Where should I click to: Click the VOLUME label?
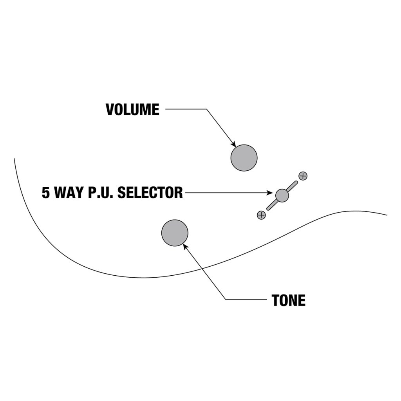point(132,110)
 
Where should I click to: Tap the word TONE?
point(289,300)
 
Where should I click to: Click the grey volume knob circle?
point(244,158)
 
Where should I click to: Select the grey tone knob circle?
point(175,233)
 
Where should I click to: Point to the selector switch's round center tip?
point(282,195)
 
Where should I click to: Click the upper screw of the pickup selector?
point(303,176)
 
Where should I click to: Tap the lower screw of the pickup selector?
point(261,215)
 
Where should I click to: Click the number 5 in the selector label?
point(46,193)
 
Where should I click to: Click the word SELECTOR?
point(150,193)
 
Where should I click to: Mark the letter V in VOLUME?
point(110,110)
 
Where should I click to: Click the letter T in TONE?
point(275,300)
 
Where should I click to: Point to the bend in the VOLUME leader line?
point(206,109)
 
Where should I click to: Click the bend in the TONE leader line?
point(226,300)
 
